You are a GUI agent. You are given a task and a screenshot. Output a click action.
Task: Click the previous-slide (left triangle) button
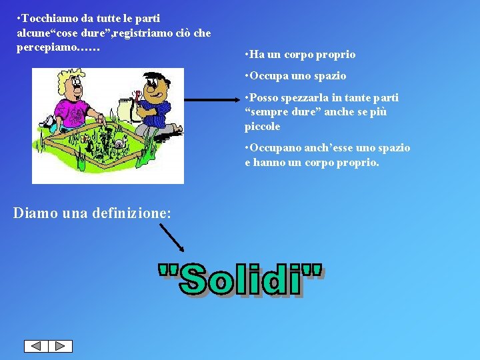(36, 346)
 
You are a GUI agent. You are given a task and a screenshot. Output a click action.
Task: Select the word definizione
(131, 213)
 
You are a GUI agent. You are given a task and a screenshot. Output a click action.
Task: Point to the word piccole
(262, 127)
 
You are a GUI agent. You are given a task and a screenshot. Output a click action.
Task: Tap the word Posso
(264, 98)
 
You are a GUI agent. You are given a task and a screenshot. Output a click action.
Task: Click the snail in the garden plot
(119, 143)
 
